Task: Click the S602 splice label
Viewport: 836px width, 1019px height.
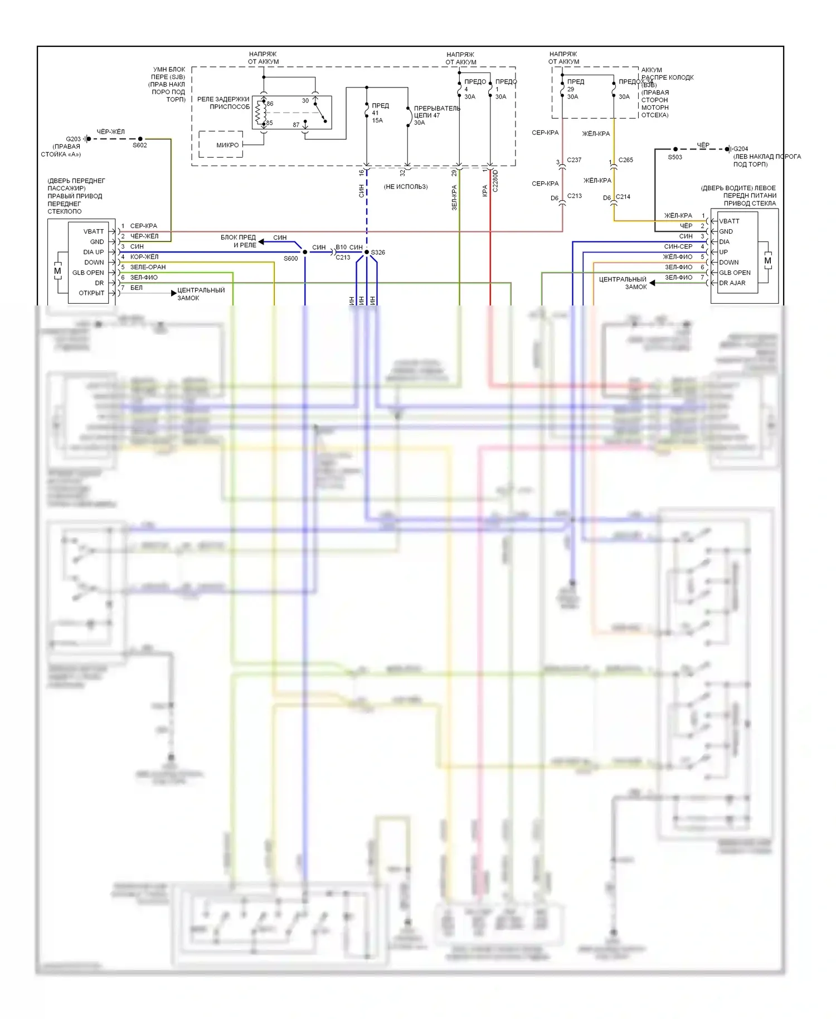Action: [x=139, y=145]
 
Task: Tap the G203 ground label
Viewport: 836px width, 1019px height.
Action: [x=73, y=139]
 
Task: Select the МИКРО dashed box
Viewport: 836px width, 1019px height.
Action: [x=221, y=145]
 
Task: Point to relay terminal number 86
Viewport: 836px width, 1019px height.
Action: [x=270, y=104]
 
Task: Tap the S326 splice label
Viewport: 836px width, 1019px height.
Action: [x=378, y=253]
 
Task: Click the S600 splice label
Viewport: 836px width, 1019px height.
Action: [x=290, y=259]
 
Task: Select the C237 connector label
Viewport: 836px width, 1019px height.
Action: [x=574, y=160]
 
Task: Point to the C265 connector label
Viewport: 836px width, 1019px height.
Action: [x=626, y=160]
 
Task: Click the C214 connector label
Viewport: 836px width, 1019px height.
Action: [x=623, y=197]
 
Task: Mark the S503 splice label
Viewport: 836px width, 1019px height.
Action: [x=675, y=157]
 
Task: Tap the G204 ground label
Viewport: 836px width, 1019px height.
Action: [x=741, y=149]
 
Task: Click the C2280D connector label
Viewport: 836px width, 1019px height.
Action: [x=495, y=181]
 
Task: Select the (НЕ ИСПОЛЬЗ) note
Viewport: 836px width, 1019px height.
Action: [x=406, y=187]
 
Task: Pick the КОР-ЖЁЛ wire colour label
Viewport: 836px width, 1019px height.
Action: [x=144, y=257]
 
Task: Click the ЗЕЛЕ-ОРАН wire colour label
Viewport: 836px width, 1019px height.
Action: [x=148, y=267]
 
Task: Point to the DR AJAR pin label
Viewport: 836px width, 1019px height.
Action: [x=732, y=283]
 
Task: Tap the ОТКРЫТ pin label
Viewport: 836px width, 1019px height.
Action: [x=91, y=293]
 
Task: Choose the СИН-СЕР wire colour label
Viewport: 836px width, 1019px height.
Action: [x=678, y=246]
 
